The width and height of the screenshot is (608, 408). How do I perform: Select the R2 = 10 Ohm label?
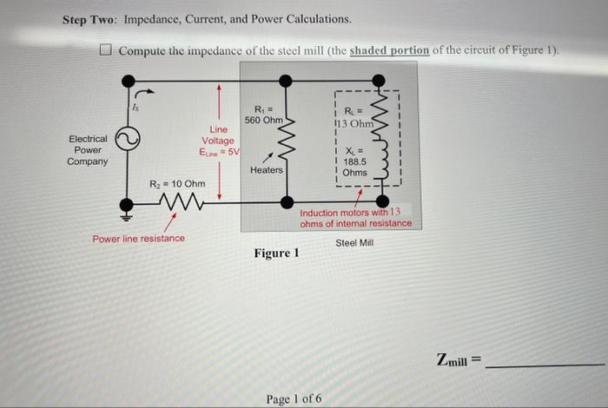[177, 184]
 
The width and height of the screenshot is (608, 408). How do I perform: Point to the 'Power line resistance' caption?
[138, 238]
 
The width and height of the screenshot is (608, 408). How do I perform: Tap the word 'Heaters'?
[266, 170]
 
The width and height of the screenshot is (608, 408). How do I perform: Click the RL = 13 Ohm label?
[354, 115]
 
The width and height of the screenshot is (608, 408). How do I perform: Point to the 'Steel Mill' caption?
[354, 243]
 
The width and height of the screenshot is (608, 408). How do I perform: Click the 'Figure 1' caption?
[276, 253]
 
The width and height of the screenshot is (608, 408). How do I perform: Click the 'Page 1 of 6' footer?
[294, 398]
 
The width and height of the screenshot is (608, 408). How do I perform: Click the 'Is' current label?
[135, 108]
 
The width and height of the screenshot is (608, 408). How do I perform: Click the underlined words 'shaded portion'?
[389, 49]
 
